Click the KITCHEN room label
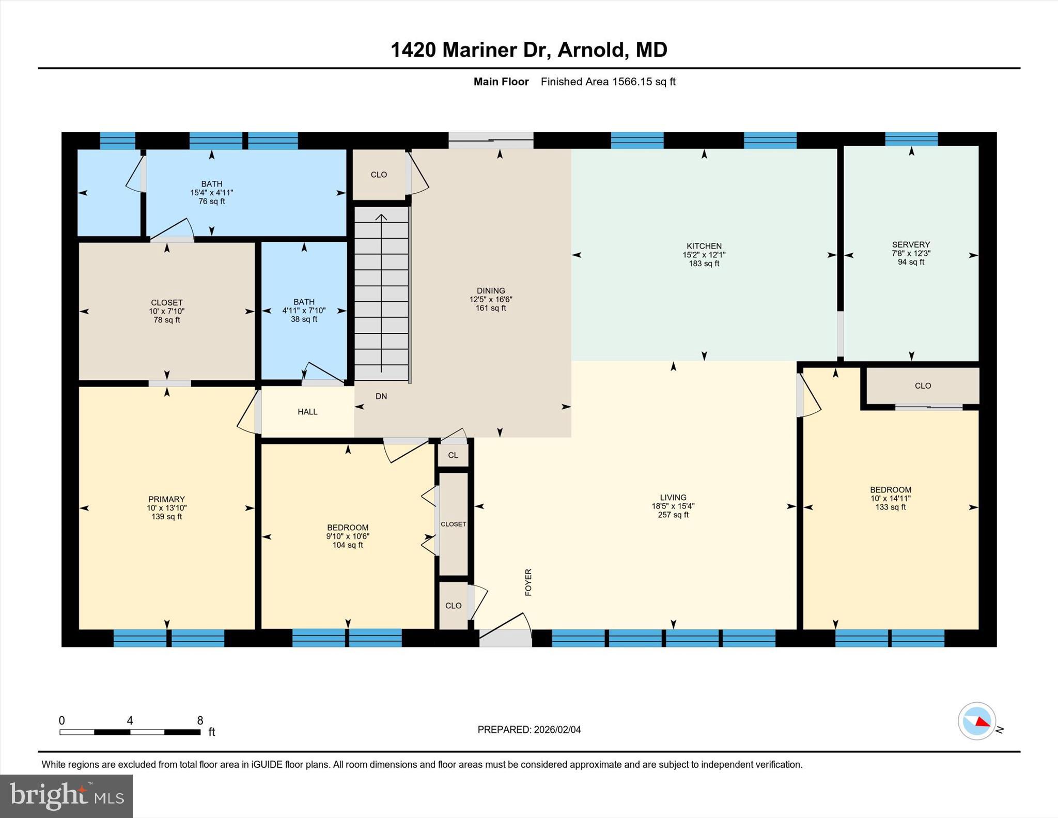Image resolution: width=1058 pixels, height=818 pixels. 704,246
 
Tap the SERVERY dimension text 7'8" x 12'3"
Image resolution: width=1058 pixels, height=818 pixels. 911,253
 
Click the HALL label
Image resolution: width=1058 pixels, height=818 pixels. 307,412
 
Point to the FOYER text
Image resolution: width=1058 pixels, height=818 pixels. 528,582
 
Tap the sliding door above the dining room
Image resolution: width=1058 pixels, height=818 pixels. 490,140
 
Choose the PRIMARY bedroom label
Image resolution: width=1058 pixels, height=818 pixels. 166,499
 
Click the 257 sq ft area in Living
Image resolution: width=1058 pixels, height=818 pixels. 673,515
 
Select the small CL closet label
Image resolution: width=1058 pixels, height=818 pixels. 453,455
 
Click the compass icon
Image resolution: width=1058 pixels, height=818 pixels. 976,721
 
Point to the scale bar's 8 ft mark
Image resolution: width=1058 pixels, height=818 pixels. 200,720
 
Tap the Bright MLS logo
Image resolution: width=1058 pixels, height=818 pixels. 66,796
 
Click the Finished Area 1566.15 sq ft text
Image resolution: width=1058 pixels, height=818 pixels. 608,82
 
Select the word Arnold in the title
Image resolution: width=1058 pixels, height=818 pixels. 590,50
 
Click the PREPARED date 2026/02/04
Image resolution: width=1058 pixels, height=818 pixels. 557,730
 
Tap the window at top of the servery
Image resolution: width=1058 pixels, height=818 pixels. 911,139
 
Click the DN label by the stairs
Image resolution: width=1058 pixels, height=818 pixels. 381,396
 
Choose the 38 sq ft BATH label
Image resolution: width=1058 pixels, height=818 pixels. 304,319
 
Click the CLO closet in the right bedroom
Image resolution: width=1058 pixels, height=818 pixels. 923,385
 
